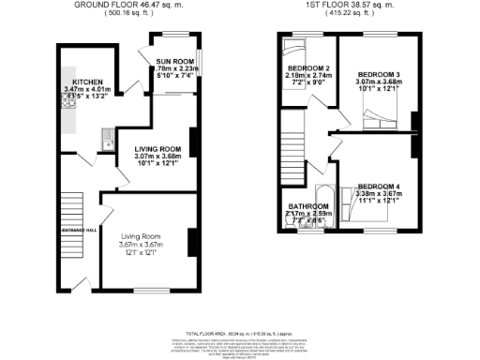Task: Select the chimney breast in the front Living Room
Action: pos(191,241)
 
